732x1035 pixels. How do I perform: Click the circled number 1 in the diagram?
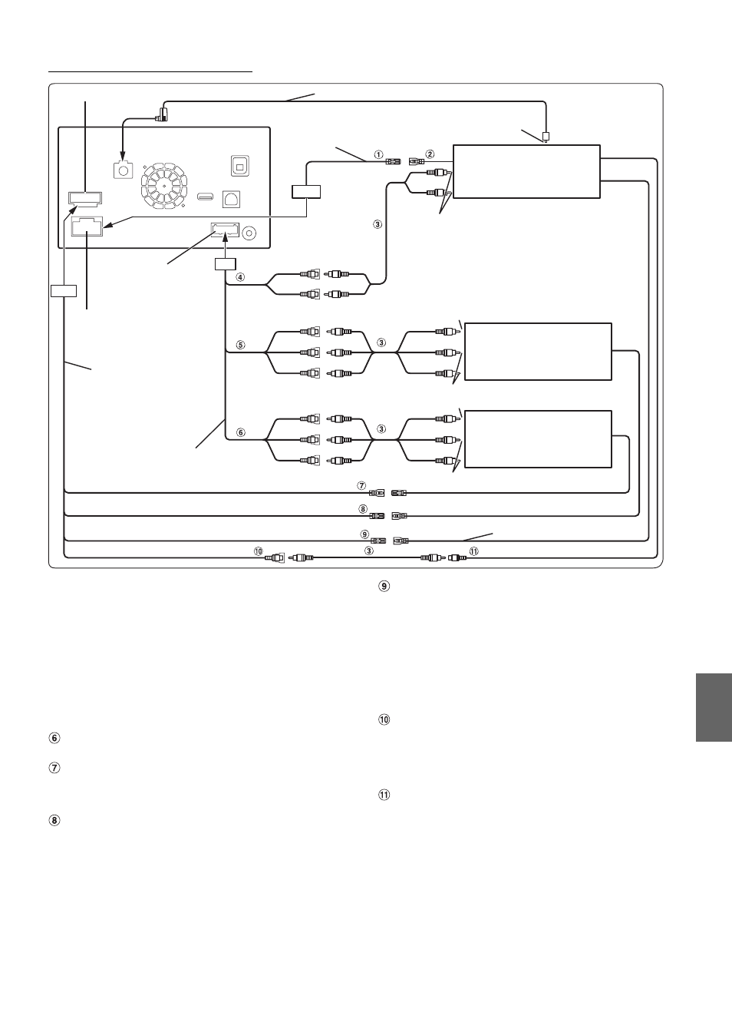coord(378,154)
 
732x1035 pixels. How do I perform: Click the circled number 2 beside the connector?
coord(430,154)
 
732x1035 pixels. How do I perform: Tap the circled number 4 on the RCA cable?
coord(240,277)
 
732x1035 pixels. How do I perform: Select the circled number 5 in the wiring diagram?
coord(240,345)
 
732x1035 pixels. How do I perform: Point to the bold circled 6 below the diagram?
coord(54,738)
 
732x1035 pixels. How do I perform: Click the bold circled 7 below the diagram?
coord(54,768)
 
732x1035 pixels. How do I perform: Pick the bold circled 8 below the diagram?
coord(54,821)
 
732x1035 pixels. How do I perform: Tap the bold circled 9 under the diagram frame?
coord(384,586)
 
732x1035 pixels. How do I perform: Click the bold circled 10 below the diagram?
coord(384,719)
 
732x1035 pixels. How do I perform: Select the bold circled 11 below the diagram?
coord(384,795)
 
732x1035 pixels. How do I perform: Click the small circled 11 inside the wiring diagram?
coord(474,551)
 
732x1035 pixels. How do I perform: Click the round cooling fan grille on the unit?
coord(164,185)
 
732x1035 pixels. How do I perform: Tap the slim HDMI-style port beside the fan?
coord(206,197)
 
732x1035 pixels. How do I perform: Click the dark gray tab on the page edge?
coord(714,707)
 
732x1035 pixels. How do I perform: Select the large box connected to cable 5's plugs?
coord(538,352)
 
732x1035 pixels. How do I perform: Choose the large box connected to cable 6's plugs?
coord(538,439)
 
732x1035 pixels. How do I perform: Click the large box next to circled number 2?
coord(526,171)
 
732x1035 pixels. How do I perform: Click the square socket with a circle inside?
coord(124,170)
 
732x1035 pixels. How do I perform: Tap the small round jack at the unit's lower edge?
coord(249,233)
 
